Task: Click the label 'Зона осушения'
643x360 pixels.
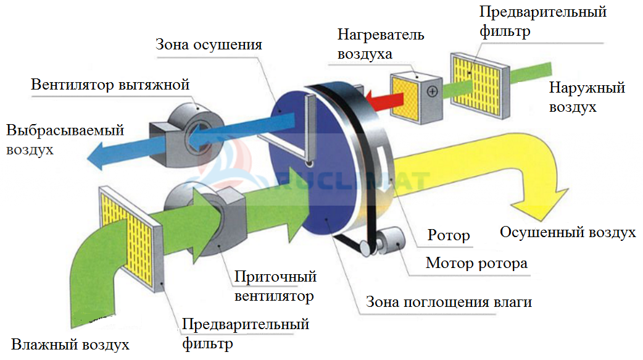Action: (x=209, y=44)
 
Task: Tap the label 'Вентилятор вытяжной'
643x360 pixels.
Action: (x=110, y=84)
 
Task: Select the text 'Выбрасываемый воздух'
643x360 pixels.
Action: (x=65, y=139)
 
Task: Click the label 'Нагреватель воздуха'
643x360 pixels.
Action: (x=381, y=44)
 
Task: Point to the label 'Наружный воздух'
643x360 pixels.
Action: (x=587, y=97)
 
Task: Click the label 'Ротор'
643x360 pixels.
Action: (x=449, y=235)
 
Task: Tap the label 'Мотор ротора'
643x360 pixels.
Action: (x=476, y=263)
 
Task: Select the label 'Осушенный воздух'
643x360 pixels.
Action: (x=568, y=232)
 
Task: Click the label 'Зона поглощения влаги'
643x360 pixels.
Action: (x=449, y=302)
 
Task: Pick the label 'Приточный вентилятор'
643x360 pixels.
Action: (x=275, y=286)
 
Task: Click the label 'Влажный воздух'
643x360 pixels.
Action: (x=70, y=345)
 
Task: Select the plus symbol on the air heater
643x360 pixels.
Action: (x=432, y=91)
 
